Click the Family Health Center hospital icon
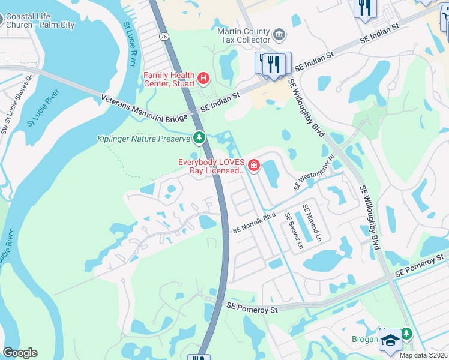click(203, 78)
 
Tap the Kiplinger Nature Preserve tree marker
click(199, 139)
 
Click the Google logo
click(20, 353)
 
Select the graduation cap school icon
click(390, 340)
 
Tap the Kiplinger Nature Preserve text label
click(143, 139)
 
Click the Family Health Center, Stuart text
click(169, 79)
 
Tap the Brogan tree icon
click(407, 332)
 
